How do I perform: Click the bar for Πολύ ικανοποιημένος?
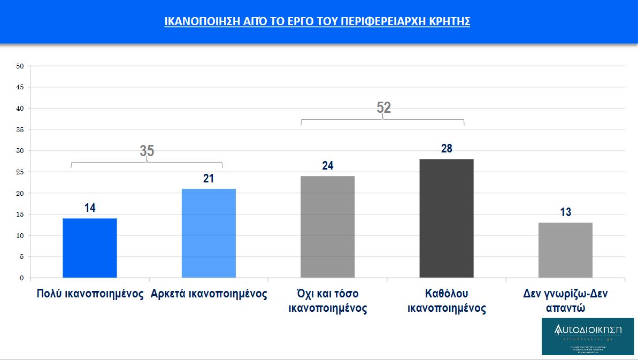[x=90, y=248]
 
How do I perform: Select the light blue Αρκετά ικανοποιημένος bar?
[x=209, y=233]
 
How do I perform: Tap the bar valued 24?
[x=328, y=227]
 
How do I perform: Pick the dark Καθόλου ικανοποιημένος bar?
[x=447, y=218]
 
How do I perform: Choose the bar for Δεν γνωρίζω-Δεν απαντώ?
[x=566, y=250]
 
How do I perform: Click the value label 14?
[x=90, y=208]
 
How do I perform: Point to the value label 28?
[x=447, y=149]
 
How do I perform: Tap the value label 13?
[x=566, y=212]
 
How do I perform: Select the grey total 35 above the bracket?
[x=147, y=151]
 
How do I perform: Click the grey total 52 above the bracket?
[x=383, y=108]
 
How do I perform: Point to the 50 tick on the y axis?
[x=20, y=66]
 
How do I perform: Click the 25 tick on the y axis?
[x=20, y=172]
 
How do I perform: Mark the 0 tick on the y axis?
[x=22, y=278]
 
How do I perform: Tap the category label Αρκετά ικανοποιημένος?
[x=209, y=294]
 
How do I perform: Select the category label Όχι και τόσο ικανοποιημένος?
[x=328, y=301]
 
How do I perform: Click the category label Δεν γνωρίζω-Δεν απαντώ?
[x=566, y=301]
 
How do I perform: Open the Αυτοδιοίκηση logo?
[x=588, y=336]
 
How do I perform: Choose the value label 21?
[x=209, y=179]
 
